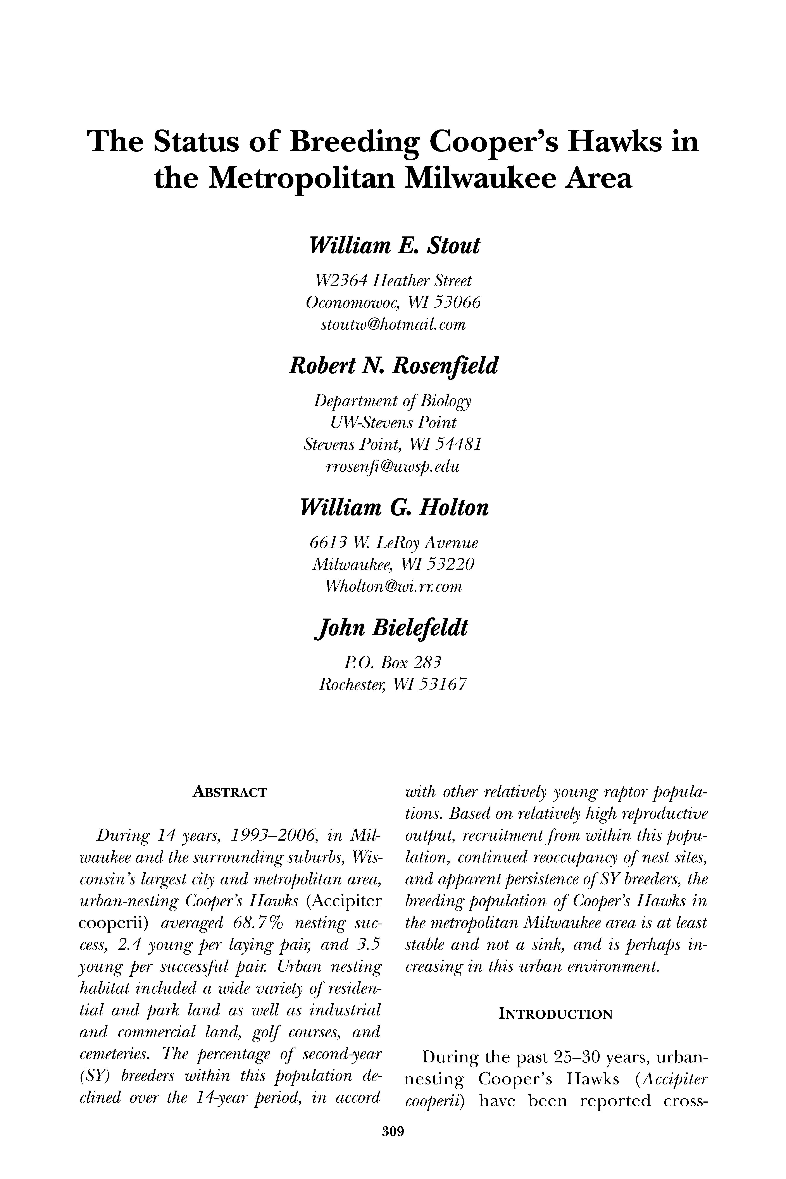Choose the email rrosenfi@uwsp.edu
393,467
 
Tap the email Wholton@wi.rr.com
393,586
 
